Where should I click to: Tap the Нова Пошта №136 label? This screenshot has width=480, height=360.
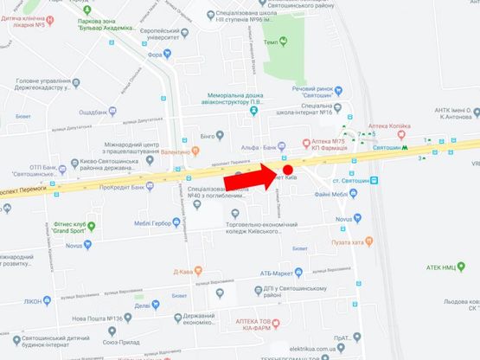pyautogui.click(x=108, y=318)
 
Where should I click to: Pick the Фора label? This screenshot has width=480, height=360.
pyautogui.click(x=155, y=53)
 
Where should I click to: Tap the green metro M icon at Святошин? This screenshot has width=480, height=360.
pyautogui.click(x=405, y=147)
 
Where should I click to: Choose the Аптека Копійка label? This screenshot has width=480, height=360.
pyautogui.click(x=390, y=125)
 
